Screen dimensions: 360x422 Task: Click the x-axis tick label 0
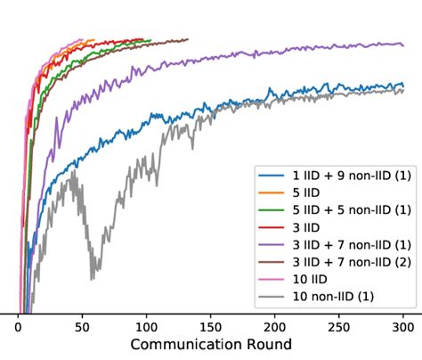click(x=18, y=327)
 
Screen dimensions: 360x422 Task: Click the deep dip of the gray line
click(x=92, y=279)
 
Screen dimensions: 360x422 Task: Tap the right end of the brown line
click(x=188, y=39)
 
